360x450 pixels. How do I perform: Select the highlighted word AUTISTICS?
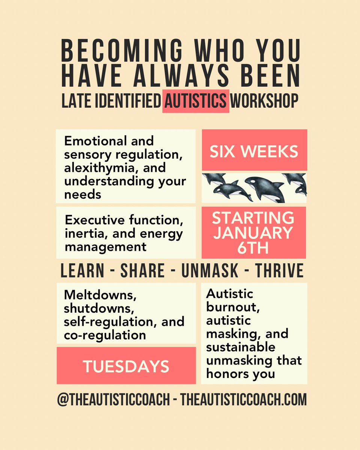click(x=195, y=101)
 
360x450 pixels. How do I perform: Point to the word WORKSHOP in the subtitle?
click(x=264, y=101)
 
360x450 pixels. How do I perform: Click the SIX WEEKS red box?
click(x=254, y=151)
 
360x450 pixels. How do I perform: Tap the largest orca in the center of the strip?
click(x=265, y=187)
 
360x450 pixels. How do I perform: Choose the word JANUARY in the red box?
click(x=254, y=233)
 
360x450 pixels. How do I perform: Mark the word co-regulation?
click(x=105, y=334)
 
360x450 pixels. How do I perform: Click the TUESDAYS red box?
click(x=126, y=366)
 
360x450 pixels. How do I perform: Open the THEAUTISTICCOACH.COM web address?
click(x=244, y=400)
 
